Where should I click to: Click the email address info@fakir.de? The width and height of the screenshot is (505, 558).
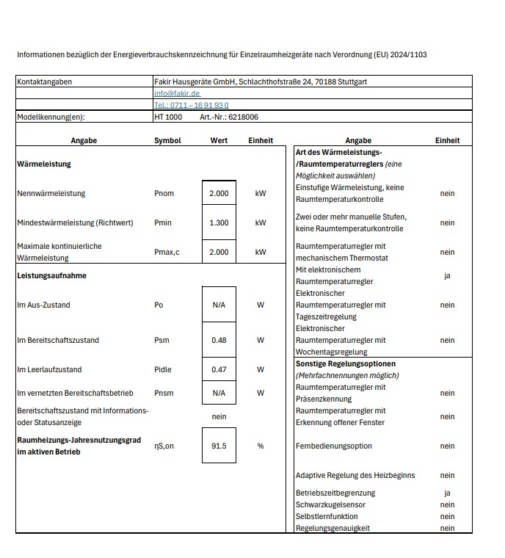point(177,93)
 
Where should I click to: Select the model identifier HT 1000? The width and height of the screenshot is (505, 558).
point(168,117)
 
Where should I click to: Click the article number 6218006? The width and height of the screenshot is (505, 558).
point(243,117)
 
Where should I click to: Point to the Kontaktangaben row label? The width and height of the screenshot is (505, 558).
point(44,81)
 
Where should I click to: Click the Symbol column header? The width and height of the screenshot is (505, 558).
point(167,140)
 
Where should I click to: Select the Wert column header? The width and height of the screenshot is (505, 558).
point(219,140)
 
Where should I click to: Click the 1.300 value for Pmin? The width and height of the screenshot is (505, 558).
point(219,222)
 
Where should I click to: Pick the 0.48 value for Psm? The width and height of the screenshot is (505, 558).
point(219,340)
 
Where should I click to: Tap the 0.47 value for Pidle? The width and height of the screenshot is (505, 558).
point(219,369)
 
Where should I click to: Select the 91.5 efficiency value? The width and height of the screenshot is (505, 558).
point(219,446)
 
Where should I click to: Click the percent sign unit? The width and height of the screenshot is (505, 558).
point(261,446)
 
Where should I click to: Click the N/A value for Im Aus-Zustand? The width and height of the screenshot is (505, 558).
point(219,305)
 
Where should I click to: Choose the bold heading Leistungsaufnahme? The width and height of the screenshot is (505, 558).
point(48,275)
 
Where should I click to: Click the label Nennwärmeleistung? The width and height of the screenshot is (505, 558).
point(51,193)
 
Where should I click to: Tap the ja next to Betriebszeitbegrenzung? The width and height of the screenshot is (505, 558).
point(447,493)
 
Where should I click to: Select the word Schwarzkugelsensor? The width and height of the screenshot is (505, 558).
point(330,504)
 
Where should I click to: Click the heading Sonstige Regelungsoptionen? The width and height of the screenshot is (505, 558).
point(345,363)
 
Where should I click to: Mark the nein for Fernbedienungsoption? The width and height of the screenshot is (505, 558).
point(447,446)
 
